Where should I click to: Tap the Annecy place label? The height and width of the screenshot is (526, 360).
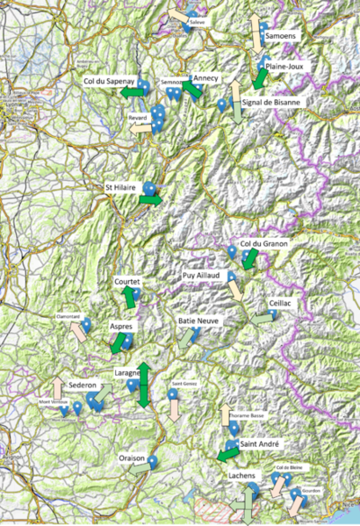(x=206, y=77)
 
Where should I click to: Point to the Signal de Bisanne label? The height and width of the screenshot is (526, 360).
(x=272, y=102)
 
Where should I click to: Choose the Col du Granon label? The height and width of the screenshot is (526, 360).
(x=263, y=243)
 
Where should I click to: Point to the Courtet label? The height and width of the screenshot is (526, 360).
(x=128, y=282)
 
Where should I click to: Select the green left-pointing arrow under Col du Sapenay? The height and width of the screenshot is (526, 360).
(x=133, y=91)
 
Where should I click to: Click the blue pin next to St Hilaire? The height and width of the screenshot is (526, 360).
(x=149, y=187)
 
